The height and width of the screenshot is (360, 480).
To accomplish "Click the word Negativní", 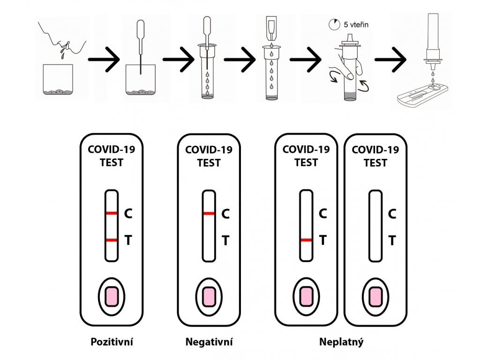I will coord(209,342).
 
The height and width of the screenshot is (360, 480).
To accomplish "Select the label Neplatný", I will coord(341,342).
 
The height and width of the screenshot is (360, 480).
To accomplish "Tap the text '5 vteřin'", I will coord(356,24).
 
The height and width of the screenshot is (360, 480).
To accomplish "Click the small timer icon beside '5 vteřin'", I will coord(334,25).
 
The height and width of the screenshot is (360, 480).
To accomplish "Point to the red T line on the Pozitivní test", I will coord(111,240).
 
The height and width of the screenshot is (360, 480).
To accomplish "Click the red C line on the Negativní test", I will coord(209,214).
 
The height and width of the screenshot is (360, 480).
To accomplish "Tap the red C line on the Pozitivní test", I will coord(111,214).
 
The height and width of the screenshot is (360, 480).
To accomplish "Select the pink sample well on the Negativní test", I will coord(209,296).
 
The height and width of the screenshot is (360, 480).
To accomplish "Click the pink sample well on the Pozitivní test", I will coord(111,296).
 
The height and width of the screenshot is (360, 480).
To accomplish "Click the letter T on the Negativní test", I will coord(225,240).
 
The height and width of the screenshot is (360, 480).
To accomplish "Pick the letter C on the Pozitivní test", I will coord(128,214).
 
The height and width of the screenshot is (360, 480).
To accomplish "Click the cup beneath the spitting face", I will coord(59,80).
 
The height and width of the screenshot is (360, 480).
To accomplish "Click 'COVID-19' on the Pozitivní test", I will coord(111,150).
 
